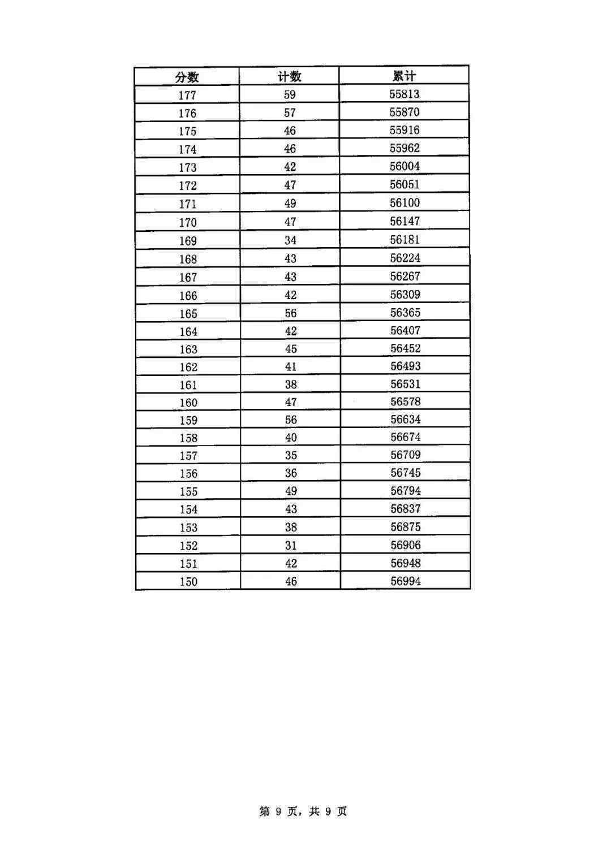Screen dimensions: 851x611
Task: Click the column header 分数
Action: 187,77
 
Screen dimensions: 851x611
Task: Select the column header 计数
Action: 290,76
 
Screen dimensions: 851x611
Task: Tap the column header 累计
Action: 404,76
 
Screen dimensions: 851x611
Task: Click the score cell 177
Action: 187,95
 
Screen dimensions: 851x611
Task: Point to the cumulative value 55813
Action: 405,94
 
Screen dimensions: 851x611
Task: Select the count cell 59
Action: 290,94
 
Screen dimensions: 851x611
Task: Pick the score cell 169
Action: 188,241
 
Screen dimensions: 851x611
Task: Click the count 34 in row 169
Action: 290,240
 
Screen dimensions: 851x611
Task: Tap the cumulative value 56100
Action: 405,202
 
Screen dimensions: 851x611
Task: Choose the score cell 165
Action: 188,314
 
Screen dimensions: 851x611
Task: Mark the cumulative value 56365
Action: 406,313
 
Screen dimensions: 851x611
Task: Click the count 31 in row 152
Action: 291,545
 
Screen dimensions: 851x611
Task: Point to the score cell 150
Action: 188,581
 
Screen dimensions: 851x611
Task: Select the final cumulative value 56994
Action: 406,581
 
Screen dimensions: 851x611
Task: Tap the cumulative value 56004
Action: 405,166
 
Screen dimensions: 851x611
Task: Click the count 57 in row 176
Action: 290,113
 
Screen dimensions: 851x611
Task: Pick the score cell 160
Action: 188,403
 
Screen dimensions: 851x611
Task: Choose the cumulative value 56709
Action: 406,455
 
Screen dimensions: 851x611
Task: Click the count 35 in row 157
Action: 291,455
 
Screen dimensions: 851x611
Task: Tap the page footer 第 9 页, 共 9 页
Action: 303,811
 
